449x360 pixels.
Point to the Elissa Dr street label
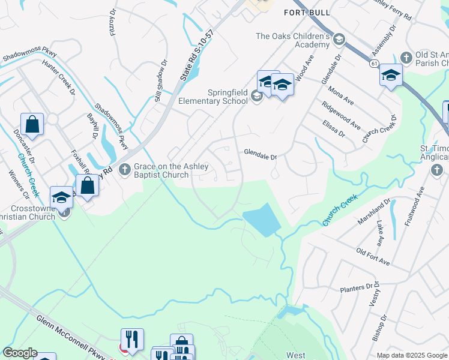coord(334,128)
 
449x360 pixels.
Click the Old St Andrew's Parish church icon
coord(406,58)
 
